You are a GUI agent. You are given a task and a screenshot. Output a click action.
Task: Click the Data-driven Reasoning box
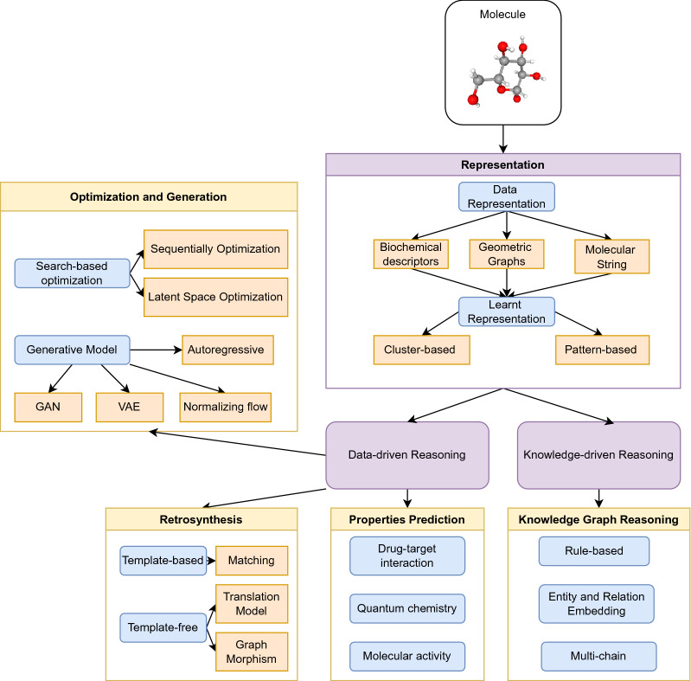click(x=407, y=454)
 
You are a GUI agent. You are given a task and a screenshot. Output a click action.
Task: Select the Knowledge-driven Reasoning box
click(x=598, y=454)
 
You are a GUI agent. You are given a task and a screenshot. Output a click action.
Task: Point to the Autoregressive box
click(x=228, y=350)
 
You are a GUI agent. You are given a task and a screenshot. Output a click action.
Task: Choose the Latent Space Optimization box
click(x=216, y=297)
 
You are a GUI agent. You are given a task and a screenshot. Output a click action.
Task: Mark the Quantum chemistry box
click(x=407, y=608)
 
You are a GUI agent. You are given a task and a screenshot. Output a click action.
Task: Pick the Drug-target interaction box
click(x=407, y=556)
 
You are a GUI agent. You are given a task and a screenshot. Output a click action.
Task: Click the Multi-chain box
click(x=596, y=656)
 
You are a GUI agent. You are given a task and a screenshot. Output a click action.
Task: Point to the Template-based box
click(x=163, y=560)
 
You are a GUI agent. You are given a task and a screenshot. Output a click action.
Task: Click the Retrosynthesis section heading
click(x=201, y=519)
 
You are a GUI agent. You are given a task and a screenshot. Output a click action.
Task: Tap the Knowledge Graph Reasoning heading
click(x=598, y=519)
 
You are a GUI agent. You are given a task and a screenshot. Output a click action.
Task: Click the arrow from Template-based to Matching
click(x=211, y=560)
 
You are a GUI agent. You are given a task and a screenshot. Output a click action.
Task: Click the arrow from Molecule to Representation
click(x=502, y=137)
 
